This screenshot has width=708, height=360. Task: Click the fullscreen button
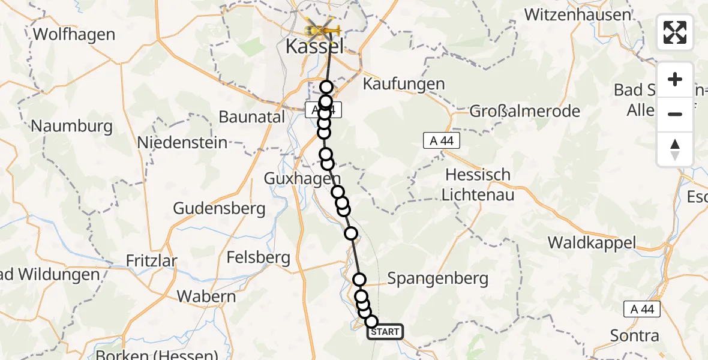click(675, 32)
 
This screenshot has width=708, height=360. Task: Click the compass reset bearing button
click(675, 149)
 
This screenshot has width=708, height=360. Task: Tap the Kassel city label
click(315, 47)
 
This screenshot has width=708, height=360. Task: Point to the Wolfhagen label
click(74, 34)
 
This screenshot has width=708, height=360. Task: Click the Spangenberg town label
click(437, 278)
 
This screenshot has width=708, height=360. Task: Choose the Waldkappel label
click(591, 242)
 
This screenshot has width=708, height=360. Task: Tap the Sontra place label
click(634, 335)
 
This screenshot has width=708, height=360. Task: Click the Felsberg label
click(259, 259)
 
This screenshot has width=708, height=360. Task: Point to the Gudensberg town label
click(219, 208)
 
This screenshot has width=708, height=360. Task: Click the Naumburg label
click(71, 127)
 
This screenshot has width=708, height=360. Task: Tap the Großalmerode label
click(524, 111)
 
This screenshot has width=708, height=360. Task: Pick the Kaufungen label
click(404, 83)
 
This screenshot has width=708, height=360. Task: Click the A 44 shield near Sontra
click(642, 310)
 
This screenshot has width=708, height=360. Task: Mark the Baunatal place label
click(252, 117)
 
